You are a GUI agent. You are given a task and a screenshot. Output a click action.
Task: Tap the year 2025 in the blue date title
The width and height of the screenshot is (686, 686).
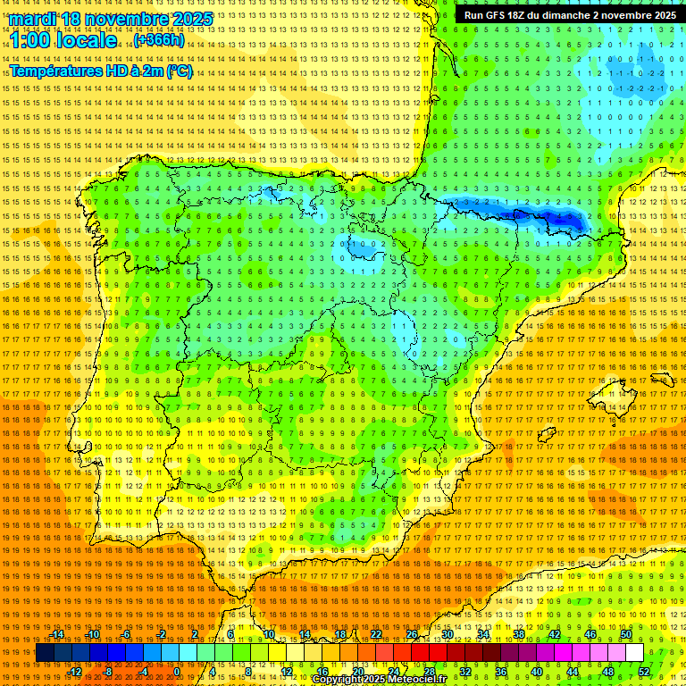pyautogui.click(x=191, y=19)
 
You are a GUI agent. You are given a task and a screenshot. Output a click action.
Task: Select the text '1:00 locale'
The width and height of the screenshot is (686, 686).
pyautogui.click(x=63, y=41)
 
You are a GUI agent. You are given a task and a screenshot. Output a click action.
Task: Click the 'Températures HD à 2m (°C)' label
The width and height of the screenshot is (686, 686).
pyautogui.click(x=100, y=71)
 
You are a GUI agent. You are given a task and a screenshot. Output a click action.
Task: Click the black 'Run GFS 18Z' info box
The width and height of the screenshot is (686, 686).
pyautogui.click(x=569, y=15)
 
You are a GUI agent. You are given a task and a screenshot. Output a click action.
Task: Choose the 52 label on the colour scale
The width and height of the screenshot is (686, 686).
pyautogui.click(x=645, y=672)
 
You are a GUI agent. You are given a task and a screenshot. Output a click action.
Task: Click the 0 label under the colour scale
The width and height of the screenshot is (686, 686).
pyautogui.click(x=177, y=672)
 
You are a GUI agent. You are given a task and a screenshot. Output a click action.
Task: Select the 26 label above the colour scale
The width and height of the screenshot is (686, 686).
pyautogui.click(x=412, y=634)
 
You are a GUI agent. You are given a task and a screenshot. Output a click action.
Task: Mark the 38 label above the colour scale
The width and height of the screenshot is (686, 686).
pyautogui.click(x=519, y=634)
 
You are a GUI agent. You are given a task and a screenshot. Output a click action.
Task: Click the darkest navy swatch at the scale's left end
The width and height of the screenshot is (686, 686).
pyautogui.click(x=46, y=653)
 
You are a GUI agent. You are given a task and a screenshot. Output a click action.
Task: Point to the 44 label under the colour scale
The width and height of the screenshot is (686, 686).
pyautogui.click(x=573, y=672)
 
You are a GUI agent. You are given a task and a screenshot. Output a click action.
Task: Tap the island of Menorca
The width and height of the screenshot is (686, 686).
pyautogui.click(x=662, y=380)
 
